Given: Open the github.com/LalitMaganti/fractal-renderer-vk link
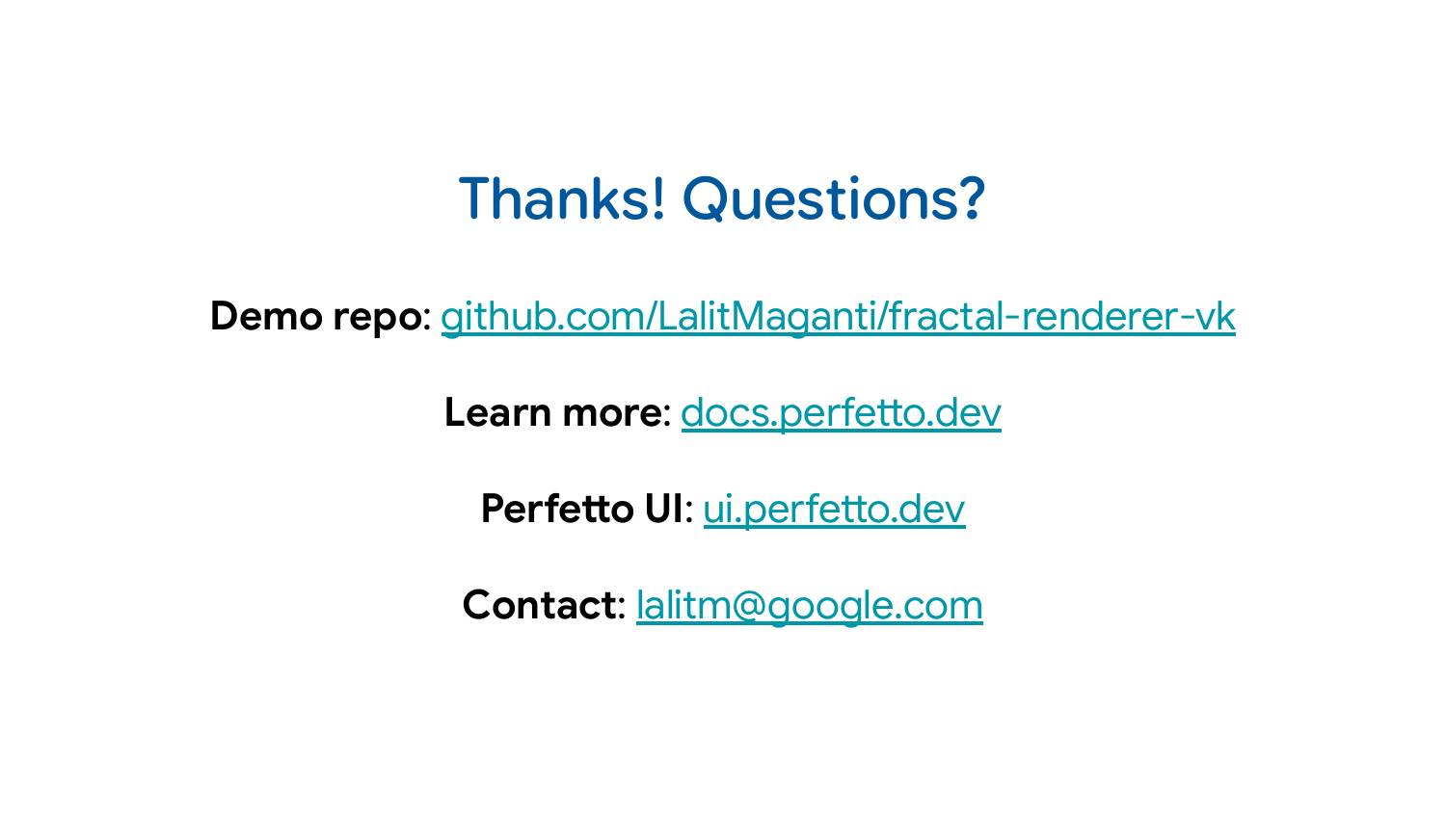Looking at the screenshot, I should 837,316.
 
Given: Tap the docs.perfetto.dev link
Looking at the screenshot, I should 841,412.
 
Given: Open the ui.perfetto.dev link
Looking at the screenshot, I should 833,509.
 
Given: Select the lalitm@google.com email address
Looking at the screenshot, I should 809,605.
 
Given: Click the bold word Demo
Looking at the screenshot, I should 266,316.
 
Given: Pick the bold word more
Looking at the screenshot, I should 612,412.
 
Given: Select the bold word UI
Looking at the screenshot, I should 663,509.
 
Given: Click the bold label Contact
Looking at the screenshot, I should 540,605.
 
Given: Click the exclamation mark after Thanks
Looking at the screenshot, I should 658,198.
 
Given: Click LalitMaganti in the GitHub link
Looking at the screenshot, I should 766,316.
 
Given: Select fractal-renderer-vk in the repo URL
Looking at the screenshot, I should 1061,316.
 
